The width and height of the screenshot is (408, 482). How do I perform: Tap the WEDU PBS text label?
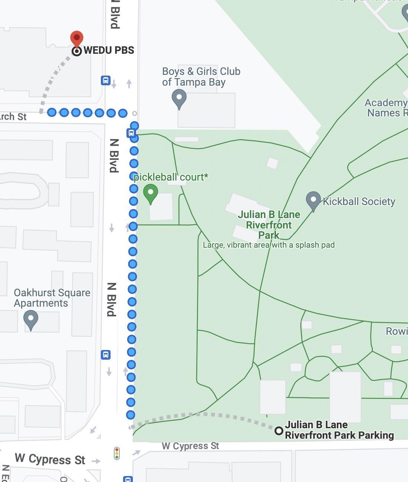point(109,50)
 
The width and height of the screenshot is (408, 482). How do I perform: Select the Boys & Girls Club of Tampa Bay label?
point(201,77)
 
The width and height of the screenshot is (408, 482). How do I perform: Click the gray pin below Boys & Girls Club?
point(179,98)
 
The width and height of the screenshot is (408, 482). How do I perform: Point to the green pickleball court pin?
point(151,193)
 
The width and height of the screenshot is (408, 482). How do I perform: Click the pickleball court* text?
point(171,177)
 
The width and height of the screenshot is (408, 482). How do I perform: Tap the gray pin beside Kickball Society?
point(313,200)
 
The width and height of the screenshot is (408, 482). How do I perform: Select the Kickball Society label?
point(359,202)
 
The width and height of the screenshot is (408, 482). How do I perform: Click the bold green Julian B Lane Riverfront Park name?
point(269,225)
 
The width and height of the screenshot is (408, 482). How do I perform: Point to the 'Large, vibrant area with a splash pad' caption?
point(269,245)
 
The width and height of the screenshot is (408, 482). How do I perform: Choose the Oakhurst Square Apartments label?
point(52,298)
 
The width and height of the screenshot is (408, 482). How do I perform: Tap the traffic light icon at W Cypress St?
point(117,453)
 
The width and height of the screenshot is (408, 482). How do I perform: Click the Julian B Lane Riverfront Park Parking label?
point(339,430)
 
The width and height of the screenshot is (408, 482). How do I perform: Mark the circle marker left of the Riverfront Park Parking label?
point(279,431)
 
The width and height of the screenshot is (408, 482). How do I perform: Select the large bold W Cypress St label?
point(50,459)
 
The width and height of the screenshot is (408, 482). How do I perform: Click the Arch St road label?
point(13,117)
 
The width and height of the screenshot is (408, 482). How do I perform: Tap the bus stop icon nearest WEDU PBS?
point(106,80)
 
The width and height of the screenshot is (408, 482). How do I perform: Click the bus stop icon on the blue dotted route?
point(131,133)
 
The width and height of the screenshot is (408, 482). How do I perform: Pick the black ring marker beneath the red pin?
point(77,51)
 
